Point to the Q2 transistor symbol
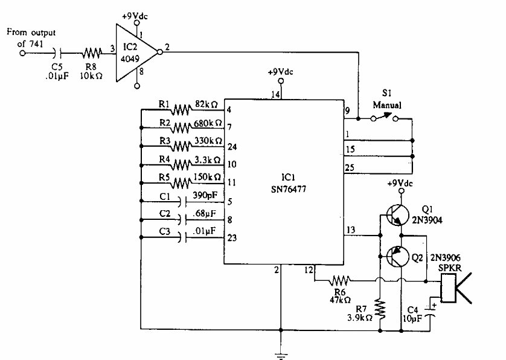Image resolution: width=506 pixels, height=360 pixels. click(x=395, y=256)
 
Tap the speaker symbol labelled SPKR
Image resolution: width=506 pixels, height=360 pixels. click(x=456, y=288)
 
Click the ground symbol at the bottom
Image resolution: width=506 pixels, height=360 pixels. click(x=279, y=355)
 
